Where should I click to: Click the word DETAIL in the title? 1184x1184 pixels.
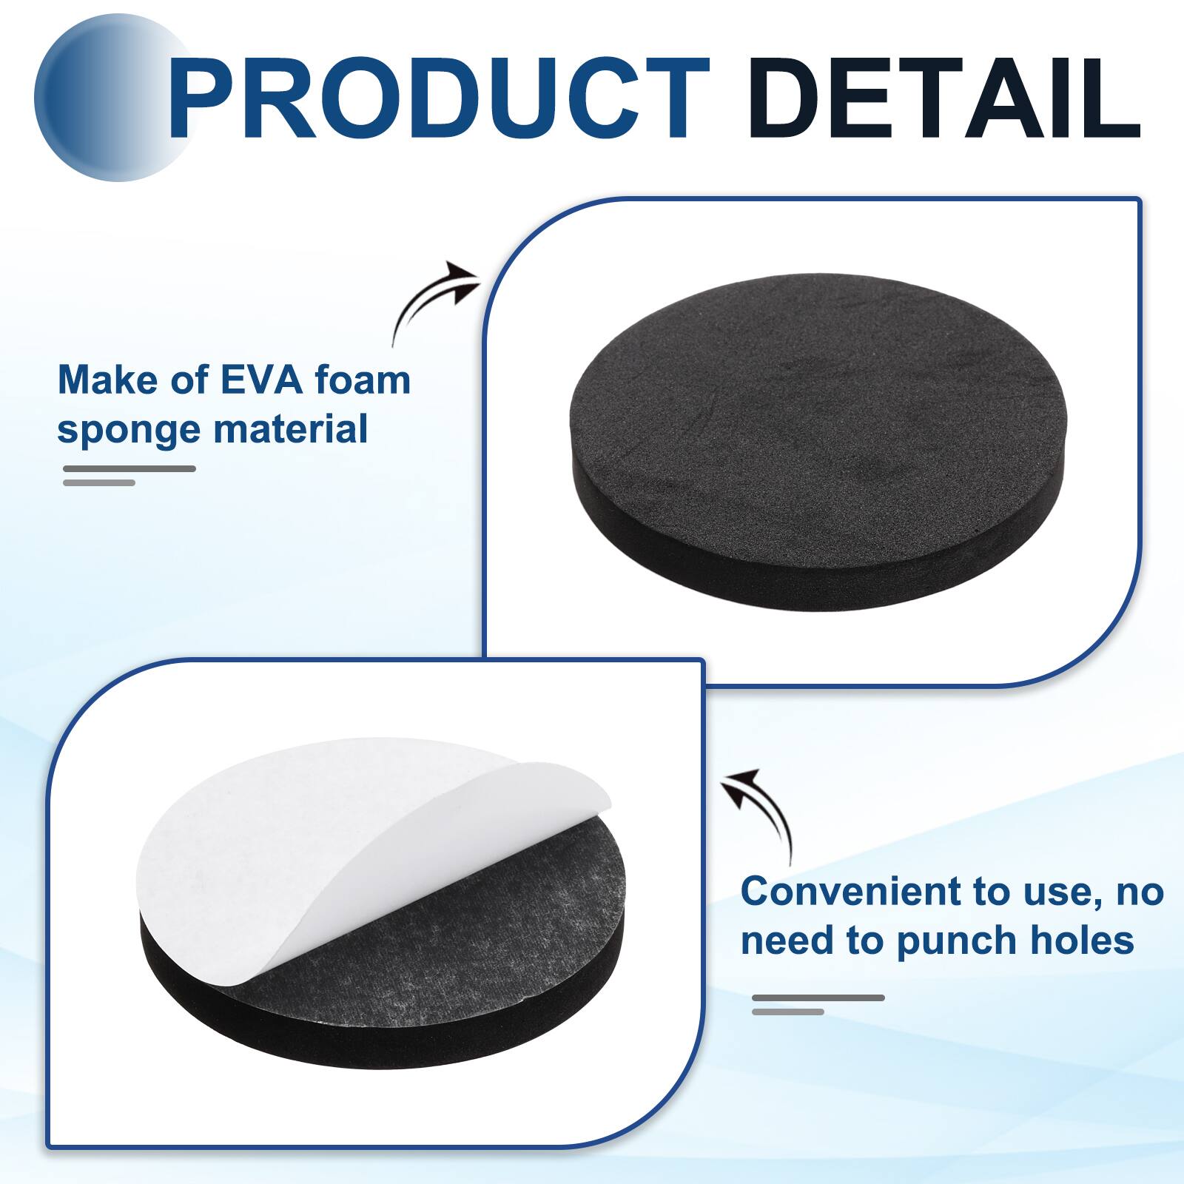click(x=943, y=100)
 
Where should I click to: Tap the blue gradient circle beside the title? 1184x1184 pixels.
click(x=104, y=100)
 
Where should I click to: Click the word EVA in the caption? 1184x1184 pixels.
click(x=262, y=380)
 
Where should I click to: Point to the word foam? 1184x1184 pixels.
click(x=363, y=380)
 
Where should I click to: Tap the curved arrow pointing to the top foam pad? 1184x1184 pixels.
click(x=433, y=300)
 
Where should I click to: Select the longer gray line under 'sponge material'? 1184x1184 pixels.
click(x=129, y=468)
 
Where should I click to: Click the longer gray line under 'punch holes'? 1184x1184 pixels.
click(x=818, y=998)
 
